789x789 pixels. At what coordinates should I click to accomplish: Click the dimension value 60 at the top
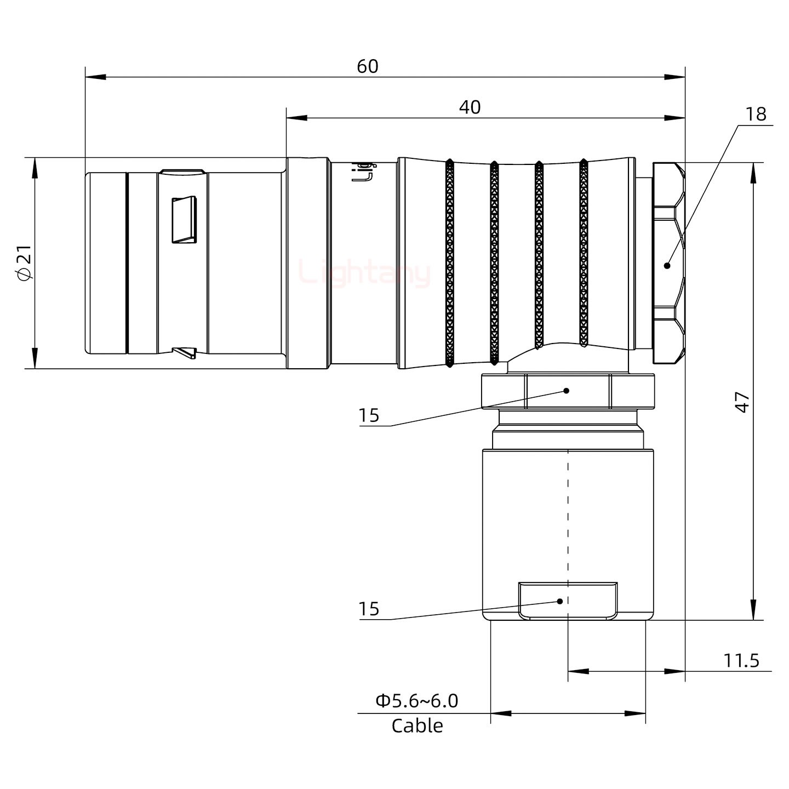coord(367,66)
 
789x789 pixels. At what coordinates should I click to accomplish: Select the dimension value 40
coord(470,107)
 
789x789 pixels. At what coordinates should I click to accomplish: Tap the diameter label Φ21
coord(25,263)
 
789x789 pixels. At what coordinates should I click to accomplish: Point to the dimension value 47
coord(742,402)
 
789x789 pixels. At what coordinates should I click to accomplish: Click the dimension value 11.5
coord(741,661)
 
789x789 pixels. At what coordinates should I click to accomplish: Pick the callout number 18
coord(756,114)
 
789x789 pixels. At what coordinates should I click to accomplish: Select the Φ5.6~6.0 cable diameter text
coord(416,701)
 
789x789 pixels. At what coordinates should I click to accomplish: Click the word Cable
coord(417,725)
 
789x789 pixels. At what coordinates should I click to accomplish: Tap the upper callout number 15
coord(369,416)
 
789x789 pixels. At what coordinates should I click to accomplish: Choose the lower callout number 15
coord(369,609)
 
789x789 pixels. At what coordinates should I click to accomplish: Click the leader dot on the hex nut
coord(667,266)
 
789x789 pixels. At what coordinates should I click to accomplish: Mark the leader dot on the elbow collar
coord(567,391)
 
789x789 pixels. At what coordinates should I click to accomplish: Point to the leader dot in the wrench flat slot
coord(560,601)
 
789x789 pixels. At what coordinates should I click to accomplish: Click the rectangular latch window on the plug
coord(184,220)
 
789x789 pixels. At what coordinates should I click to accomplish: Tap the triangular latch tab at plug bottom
coord(185,352)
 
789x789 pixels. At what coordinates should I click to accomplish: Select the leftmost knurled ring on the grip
coord(450,263)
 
